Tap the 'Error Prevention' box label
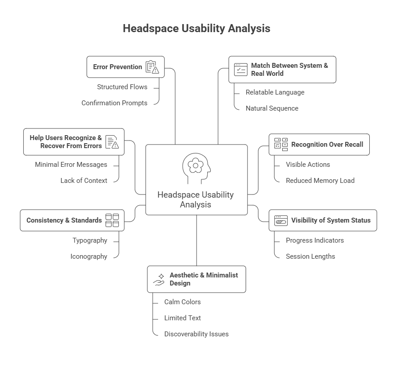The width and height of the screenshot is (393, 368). pos(117,67)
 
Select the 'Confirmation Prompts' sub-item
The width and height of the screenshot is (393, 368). pos(114,103)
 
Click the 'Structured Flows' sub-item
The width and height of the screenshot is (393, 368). pos(122,87)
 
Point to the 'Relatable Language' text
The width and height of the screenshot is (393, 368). pos(275,92)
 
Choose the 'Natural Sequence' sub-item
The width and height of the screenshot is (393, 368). pos(272,108)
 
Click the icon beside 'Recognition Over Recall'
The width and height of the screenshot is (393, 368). pos(281,144)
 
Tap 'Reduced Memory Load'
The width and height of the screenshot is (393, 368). pos(320,181)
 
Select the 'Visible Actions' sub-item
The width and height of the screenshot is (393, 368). pos(308,165)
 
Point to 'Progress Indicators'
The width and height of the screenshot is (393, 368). pos(314,240)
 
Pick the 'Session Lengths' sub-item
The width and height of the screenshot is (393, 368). pos(310,256)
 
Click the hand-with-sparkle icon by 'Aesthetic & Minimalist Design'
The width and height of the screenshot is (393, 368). pos(159,279)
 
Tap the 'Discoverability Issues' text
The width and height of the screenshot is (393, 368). pos(196,334)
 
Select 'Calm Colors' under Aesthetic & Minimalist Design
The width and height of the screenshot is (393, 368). pos(182,302)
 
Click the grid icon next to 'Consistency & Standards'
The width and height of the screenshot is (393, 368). pos(112,220)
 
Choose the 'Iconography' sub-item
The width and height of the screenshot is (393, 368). pos(88,256)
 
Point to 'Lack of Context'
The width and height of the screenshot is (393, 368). pos(84,181)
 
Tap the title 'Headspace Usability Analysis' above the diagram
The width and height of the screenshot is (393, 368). pos(196,29)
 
